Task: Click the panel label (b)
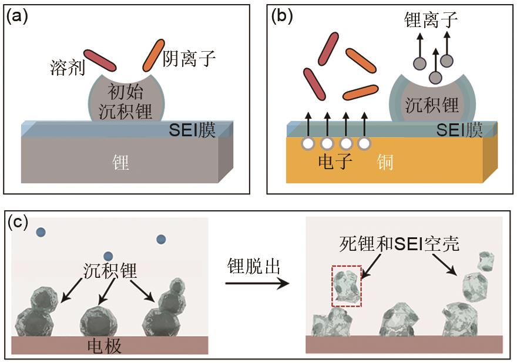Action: point(281,16)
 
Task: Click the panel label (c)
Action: point(19,224)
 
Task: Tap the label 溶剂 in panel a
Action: point(66,69)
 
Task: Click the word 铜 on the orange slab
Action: point(387,163)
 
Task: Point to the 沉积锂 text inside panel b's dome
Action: point(432,106)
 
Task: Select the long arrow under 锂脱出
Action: point(257,284)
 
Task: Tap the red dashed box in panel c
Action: point(347,285)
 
